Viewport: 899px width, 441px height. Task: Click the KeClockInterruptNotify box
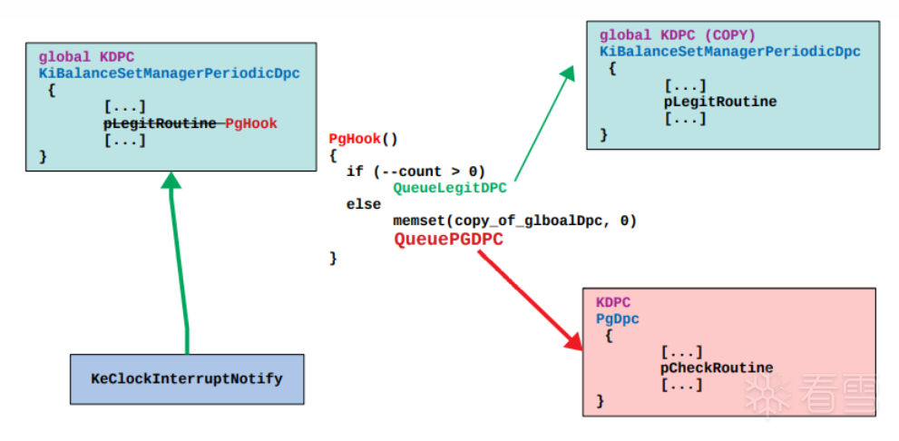click(187, 378)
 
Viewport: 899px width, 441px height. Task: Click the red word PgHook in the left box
click(251, 123)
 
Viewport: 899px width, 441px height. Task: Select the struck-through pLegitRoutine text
click(160, 123)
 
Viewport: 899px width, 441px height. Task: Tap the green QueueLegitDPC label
click(450, 188)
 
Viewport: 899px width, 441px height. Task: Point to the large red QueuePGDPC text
click(448, 240)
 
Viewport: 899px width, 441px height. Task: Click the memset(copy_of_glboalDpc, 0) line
click(514, 220)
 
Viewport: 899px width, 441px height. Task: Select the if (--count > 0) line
click(415, 171)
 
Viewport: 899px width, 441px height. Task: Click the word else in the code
click(364, 204)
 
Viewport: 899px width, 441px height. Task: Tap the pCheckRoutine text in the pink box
click(717, 367)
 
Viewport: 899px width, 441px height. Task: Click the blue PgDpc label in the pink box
click(618, 318)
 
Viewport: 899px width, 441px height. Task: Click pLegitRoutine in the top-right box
click(720, 102)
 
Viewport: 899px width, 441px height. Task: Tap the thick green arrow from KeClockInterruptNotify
click(179, 263)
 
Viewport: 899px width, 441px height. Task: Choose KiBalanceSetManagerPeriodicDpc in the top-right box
click(730, 52)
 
